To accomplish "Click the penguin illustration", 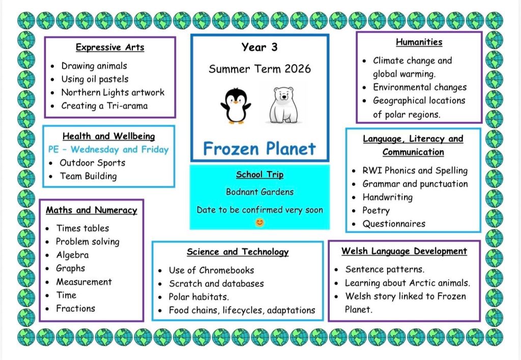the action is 236,106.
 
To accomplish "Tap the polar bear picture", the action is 283,105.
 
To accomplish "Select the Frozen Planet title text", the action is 259,148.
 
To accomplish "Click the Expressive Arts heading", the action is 110,47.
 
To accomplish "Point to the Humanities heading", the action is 419,42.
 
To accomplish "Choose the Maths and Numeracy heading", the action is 92,210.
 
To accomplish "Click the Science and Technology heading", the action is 238,252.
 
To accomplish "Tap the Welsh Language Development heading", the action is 404,251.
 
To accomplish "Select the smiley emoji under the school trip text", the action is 259,222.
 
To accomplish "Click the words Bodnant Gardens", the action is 260,192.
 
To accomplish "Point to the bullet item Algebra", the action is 72,255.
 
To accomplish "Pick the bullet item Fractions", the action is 76,309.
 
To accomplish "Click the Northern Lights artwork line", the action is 113,93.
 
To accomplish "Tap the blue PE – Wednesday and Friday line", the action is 109,149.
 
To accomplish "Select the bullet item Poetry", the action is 376,210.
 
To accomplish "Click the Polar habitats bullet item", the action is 199,296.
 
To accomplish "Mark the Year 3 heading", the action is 259,47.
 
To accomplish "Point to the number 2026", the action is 298,69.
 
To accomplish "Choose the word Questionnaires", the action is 394,224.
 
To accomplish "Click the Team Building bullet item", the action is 89,176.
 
